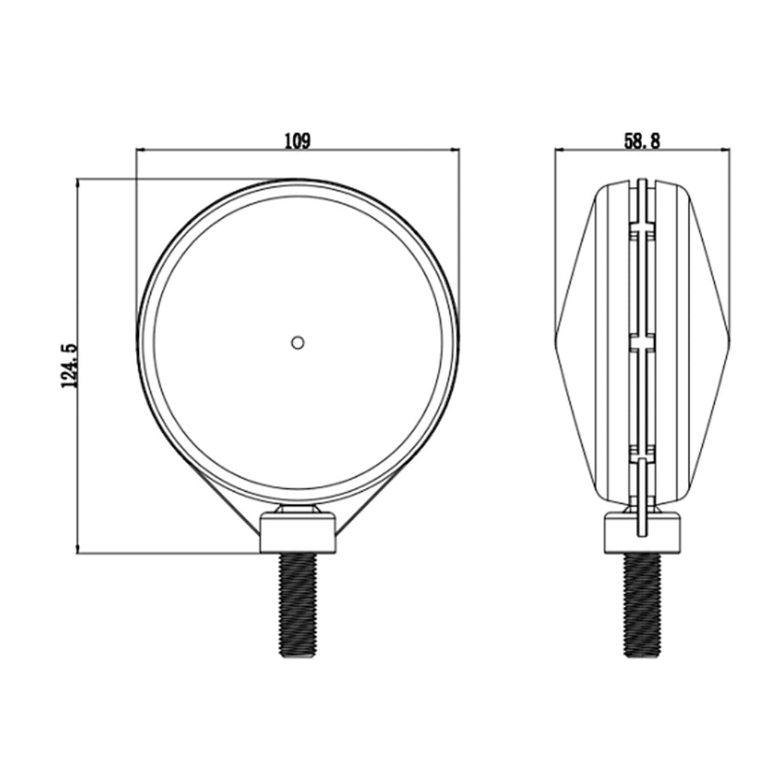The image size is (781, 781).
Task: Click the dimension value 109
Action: click(297, 140)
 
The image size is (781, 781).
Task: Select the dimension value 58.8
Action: click(642, 140)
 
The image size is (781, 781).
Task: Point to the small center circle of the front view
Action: click(297, 342)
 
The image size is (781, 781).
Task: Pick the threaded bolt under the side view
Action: click(642, 605)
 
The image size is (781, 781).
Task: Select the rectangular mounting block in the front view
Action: click(297, 533)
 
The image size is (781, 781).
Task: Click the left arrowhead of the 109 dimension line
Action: click(140, 150)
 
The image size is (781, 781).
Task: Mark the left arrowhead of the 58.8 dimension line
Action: click(559, 150)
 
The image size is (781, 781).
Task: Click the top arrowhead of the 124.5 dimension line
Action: click(78, 183)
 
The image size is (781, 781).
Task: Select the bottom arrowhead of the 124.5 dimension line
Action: click(78, 550)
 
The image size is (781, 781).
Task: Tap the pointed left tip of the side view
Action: click(556, 333)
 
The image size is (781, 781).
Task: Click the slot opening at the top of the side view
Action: click(642, 182)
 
